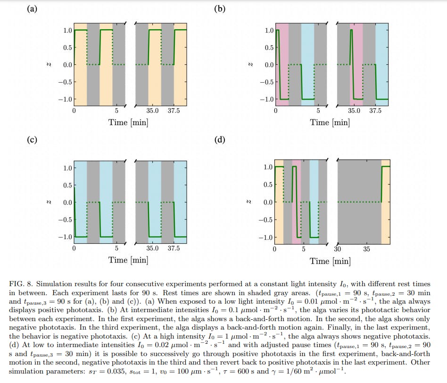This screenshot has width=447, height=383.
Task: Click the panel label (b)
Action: click(220, 9)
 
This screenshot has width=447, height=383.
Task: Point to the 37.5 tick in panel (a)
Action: click(174, 111)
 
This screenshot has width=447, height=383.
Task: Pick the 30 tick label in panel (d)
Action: click(338, 249)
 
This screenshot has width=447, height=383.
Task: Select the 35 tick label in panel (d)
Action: click(366, 249)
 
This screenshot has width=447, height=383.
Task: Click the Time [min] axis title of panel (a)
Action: click(128, 122)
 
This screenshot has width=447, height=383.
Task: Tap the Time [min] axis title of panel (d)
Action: click(330, 261)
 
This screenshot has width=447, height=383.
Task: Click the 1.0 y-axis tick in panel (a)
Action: click(67, 30)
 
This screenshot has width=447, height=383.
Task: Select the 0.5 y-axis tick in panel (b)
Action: click(269, 48)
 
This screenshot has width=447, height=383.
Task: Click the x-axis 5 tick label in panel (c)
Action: click(116, 248)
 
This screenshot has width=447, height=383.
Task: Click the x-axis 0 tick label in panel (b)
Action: click(275, 111)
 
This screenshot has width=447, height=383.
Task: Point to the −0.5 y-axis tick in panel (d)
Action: click(266, 220)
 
